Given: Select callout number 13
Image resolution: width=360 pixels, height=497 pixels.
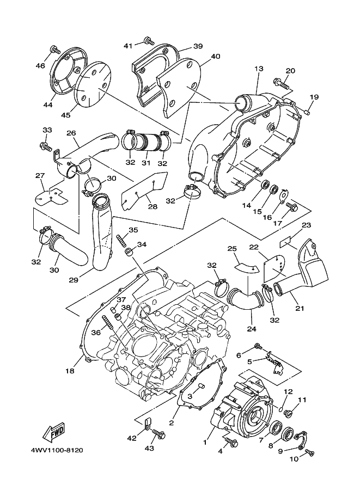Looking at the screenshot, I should coord(258,69).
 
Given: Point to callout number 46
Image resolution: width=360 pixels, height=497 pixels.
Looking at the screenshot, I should coord(40,66).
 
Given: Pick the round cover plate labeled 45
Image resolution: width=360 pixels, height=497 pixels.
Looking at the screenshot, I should coord(89,85).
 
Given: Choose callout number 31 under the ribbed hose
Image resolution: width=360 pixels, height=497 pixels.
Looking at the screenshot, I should coord(145,163).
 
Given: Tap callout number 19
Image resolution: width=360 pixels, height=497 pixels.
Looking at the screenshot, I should coord(314,97).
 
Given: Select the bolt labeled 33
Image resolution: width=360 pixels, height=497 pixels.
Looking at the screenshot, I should coord(44,146).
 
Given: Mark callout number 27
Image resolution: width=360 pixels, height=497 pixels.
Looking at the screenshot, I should coord(40,175).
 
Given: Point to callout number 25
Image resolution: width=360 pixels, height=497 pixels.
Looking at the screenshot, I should coord(232,249).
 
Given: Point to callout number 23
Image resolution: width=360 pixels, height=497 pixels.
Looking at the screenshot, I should coord(306,225).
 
